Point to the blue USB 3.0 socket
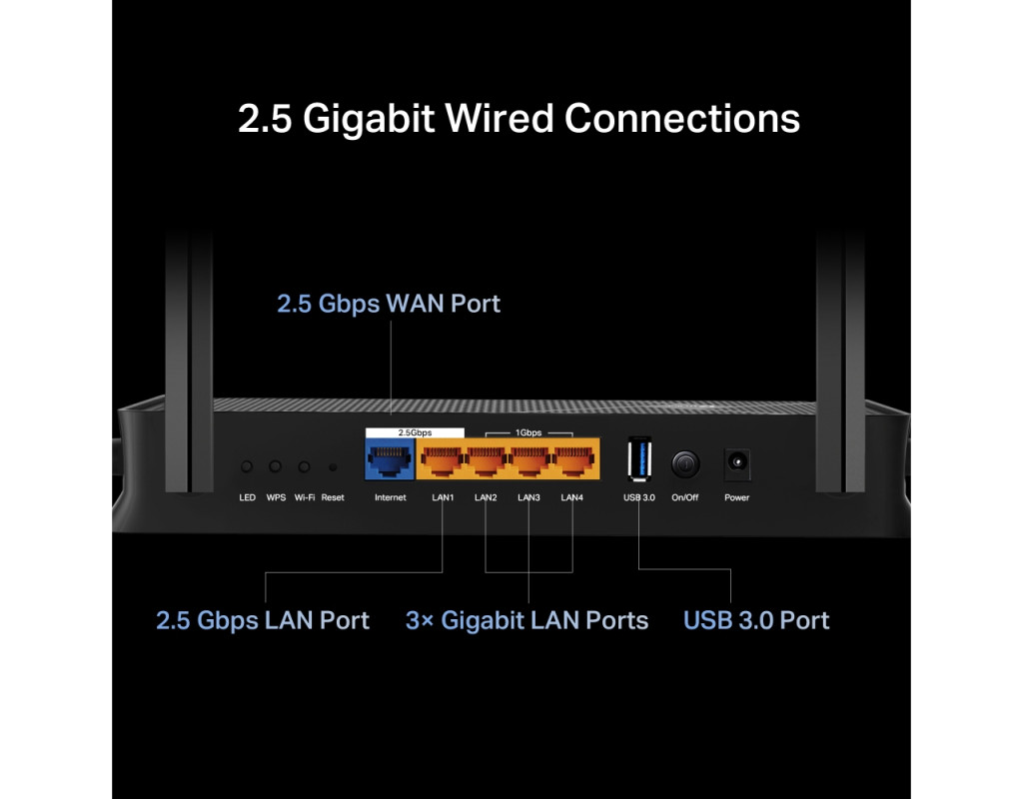(x=638, y=462)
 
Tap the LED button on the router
(x=247, y=466)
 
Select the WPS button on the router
(x=276, y=466)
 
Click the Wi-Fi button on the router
(x=305, y=466)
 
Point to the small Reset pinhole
(x=333, y=466)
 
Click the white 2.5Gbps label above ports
(x=415, y=432)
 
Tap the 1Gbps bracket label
(x=528, y=433)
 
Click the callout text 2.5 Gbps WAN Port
(x=389, y=304)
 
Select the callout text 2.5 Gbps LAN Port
(x=263, y=620)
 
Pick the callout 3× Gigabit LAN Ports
(x=526, y=620)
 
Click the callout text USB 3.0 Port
(x=756, y=620)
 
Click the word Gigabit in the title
(x=369, y=119)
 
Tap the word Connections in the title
(x=682, y=119)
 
